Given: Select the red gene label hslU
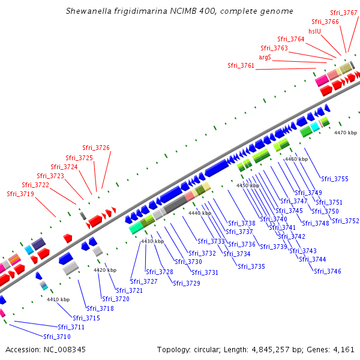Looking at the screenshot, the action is coord(314,31).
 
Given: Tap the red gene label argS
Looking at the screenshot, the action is coord(265,57).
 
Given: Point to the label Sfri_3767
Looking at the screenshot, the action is coord(343,13).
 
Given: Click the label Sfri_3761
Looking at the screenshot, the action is coord(241,65).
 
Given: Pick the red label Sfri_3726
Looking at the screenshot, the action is coord(96,148).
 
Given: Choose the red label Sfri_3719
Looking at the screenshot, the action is coord(20,194).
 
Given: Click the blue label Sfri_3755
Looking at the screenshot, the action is coord(335,179).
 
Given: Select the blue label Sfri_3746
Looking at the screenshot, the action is coord(328,271).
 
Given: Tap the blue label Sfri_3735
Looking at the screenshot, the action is coord(251,266).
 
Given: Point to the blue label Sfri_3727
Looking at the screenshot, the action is coord(144,281).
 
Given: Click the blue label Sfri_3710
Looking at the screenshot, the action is coord(57,337).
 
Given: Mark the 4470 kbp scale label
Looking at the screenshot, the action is coord(346,133).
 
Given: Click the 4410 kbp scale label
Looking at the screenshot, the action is coord(58,299).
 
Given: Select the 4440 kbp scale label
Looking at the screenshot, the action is coord(200,213).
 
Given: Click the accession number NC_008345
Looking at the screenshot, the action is coord(65,350).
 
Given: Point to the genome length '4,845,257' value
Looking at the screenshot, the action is coord(271,350).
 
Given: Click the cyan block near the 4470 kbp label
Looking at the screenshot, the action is coord(315,127).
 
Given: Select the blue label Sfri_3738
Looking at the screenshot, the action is coord(242,223).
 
